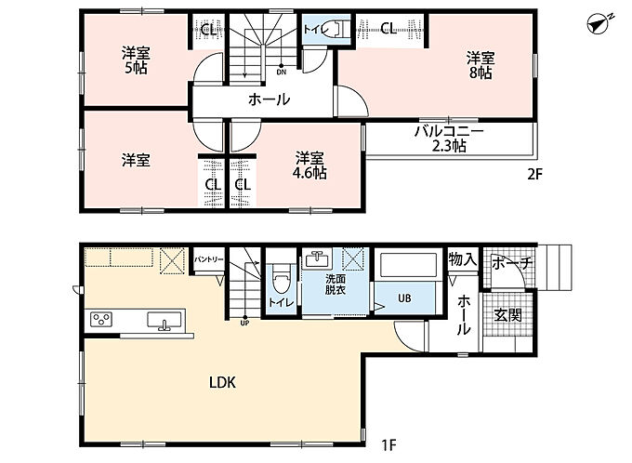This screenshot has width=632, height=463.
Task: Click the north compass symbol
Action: [599, 24]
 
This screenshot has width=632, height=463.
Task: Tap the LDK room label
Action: [222, 382]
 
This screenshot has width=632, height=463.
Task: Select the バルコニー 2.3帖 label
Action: [449, 139]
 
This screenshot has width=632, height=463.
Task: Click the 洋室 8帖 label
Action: [481, 65]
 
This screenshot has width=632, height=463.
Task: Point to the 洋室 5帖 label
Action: [136, 60]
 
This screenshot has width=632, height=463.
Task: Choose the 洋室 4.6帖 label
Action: [309, 165]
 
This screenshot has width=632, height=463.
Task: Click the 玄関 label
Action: [508, 315]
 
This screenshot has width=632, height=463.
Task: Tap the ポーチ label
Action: [512, 263]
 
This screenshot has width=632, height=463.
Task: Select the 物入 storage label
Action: [463, 259]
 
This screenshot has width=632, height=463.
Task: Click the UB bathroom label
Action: [404, 298]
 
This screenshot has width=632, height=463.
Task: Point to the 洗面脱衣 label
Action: [336, 284]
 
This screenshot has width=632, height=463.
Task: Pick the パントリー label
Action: [209, 259]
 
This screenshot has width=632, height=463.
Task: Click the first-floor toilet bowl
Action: [280, 279]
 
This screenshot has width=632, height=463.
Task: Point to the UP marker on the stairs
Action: [244, 323]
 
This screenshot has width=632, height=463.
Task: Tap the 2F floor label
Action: [535, 174]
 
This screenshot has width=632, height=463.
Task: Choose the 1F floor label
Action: [389, 445]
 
